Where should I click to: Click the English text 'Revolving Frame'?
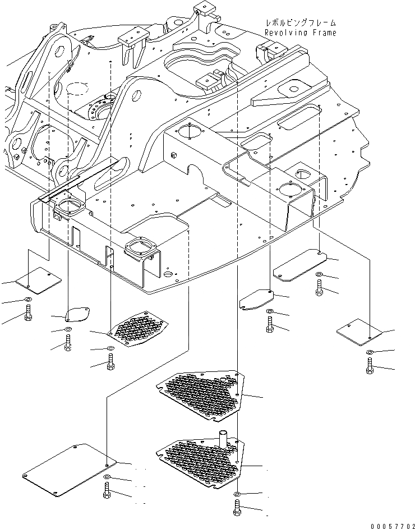tap(301, 33)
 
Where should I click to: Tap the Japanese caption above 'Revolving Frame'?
tap(301, 23)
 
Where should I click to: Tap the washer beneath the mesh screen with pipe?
tap(236, 494)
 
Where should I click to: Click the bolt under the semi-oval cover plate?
tap(68, 343)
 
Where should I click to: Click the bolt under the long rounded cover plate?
tap(319, 289)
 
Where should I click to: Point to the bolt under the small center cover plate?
tap(270, 325)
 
